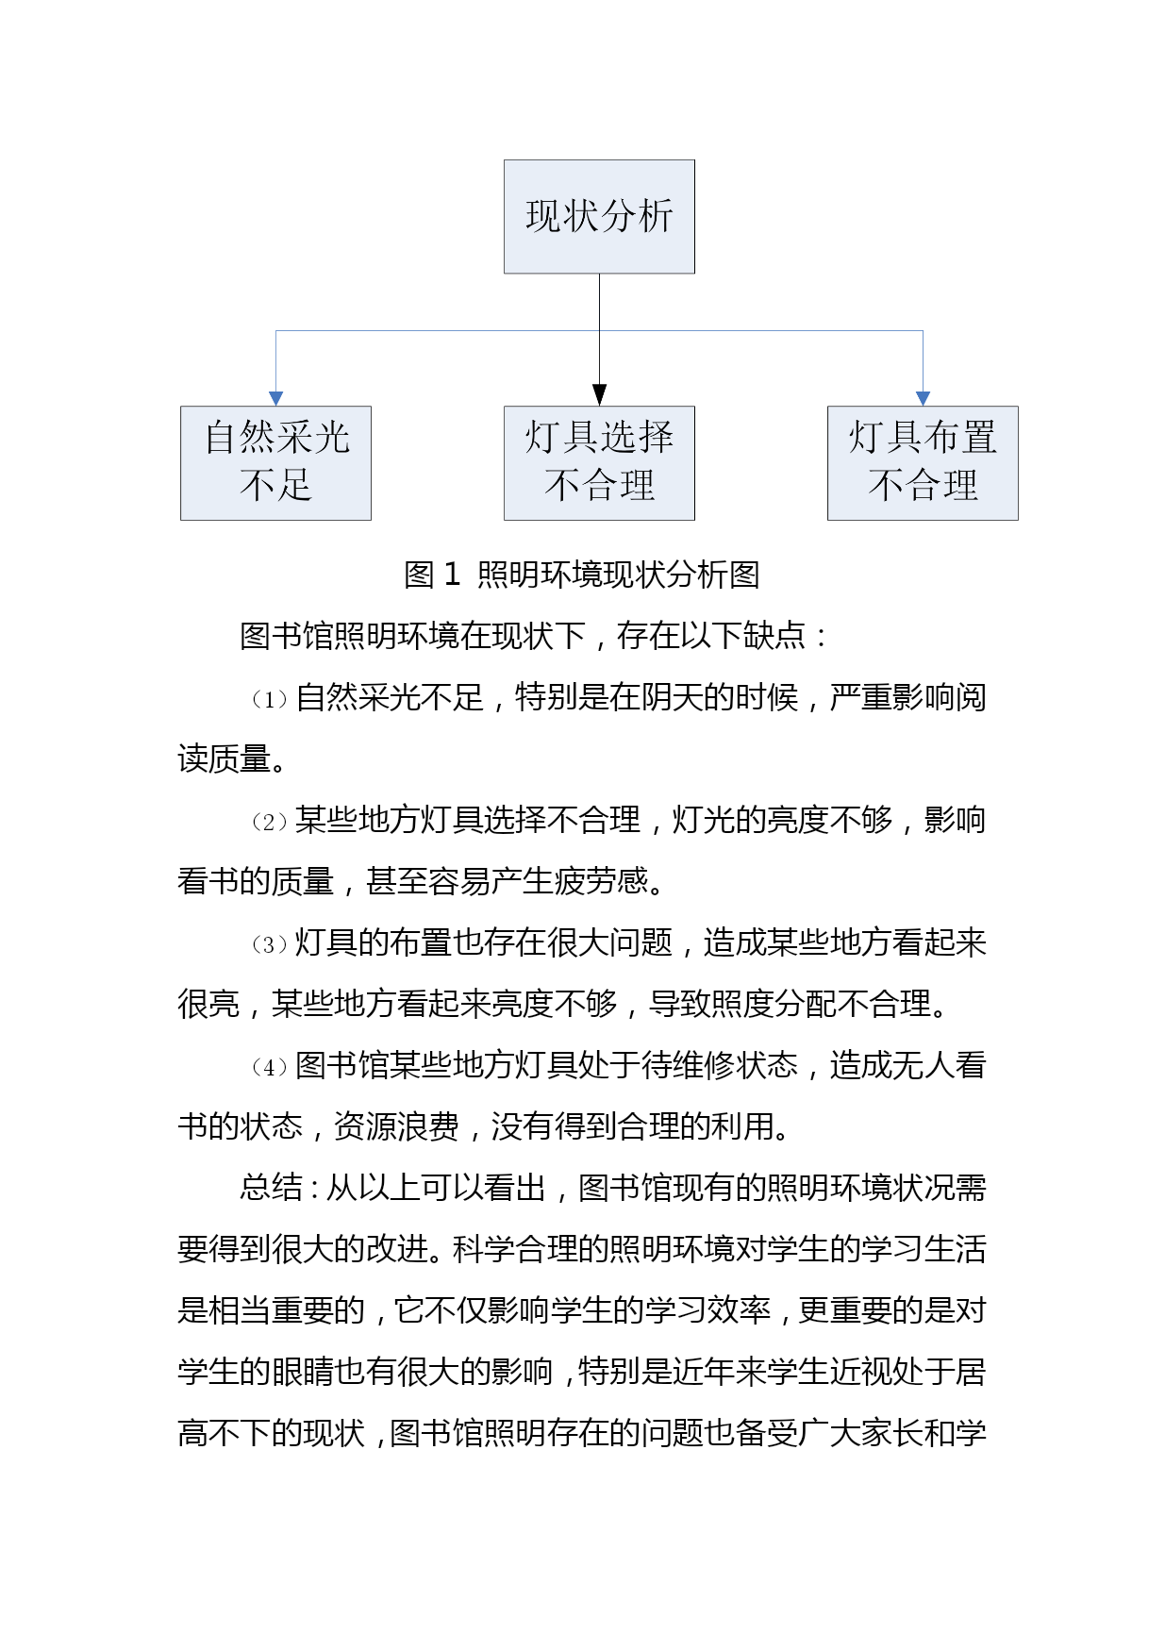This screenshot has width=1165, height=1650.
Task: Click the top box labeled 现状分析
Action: pyautogui.click(x=599, y=216)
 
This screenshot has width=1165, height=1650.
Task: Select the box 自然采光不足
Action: pyautogui.click(x=275, y=462)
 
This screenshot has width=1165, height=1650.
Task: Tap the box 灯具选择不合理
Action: pyautogui.click(x=599, y=462)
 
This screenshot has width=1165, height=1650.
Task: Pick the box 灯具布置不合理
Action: pyautogui.click(x=923, y=462)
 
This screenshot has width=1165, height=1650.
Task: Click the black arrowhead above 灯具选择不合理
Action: pyautogui.click(x=599, y=394)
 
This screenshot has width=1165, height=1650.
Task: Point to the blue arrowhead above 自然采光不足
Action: pyautogui.click(x=275, y=398)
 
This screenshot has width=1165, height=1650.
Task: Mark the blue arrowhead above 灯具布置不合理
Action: pyautogui.click(x=923, y=398)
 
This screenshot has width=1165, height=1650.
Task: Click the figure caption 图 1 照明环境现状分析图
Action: pyautogui.click(x=582, y=575)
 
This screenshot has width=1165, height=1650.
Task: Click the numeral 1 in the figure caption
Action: pyautogui.click(x=452, y=575)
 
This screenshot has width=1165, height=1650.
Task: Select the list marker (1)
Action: pyautogui.click(x=269, y=699)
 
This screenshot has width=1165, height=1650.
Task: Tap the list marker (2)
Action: pyautogui.click(x=269, y=822)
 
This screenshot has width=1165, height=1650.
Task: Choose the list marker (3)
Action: pyautogui.click(x=269, y=944)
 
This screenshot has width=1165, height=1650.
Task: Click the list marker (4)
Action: pyautogui.click(x=269, y=1067)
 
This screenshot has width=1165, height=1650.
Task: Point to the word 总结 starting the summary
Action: pyautogui.click(x=271, y=1187)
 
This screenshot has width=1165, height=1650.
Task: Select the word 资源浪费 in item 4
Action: pyautogui.click(x=397, y=1126)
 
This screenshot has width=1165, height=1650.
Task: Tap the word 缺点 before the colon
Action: pyautogui.click(x=774, y=636)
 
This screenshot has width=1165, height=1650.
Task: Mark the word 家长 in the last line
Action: pyautogui.click(x=891, y=1433)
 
